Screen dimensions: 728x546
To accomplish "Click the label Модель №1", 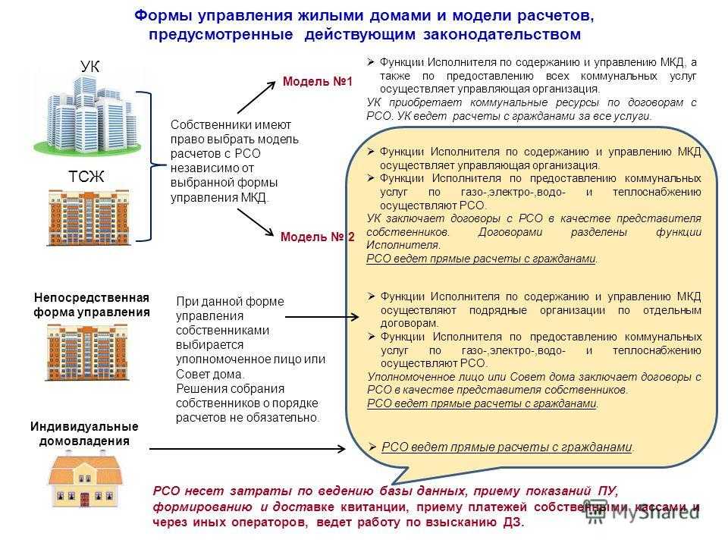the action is [x=318, y=81].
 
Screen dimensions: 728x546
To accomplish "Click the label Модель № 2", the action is [x=318, y=237].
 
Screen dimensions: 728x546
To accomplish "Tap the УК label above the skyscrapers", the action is [x=89, y=67].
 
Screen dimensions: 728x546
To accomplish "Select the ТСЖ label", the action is [x=86, y=177].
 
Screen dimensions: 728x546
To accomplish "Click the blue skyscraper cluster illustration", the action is [x=87, y=116].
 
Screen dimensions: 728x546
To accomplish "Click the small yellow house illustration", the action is [x=86, y=482].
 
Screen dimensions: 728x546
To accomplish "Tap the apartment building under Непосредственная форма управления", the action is [x=86, y=353].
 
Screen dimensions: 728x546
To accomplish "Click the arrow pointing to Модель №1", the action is [x=257, y=97].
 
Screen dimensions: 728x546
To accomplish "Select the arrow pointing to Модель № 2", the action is [x=256, y=222].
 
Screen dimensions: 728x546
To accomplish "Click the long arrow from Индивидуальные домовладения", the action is [x=247, y=449].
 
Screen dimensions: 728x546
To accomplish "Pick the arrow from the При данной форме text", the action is [x=322, y=317].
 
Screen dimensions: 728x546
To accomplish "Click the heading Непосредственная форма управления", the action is [x=92, y=305].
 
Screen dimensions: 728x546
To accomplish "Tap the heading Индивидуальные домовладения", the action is [x=84, y=434].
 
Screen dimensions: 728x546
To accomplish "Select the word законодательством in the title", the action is [x=502, y=34].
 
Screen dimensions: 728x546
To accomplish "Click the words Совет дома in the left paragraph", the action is [x=210, y=374].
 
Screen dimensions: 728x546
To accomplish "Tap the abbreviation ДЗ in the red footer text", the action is [x=513, y=522].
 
